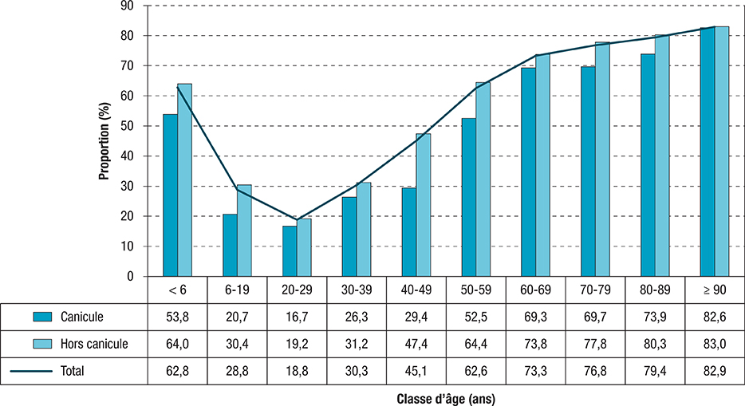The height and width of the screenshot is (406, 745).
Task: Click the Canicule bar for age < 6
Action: [x=170, y=195]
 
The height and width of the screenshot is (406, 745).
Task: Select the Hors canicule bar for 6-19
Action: [x=244, y=231]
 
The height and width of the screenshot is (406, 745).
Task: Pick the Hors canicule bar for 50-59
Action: [x=483, y=179]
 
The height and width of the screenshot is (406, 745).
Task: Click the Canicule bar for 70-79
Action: [x=588, y=171]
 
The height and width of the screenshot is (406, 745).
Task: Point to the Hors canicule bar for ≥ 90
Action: [x=722, y=152]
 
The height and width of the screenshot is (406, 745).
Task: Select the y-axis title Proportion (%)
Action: [x=104, y=140]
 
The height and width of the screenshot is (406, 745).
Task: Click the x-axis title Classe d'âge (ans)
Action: [x=446, y=396]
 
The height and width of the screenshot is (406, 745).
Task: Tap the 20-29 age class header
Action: [x=297, y=290]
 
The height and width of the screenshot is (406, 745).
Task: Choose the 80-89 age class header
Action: [x=656, y=290]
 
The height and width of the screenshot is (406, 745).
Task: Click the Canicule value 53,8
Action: [x=177, y=317]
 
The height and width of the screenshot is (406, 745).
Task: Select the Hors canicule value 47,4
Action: [x=416, y=345]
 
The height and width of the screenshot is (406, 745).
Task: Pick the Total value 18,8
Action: [x=297, y=371]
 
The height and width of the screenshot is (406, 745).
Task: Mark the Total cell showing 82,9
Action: [x=715, y=371]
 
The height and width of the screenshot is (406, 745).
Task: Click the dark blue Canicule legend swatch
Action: [x=42, y=317]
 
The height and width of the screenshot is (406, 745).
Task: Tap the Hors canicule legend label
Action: [x=94, y=345]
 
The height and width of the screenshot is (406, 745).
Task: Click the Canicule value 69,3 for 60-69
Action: [x=536, y=317]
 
